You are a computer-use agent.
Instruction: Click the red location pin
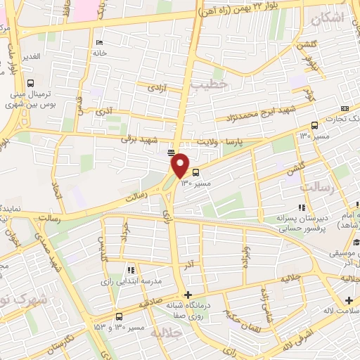[x=181, y=165]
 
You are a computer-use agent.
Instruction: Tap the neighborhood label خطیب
[x=210, y=84]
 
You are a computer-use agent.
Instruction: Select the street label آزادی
[x=155, y=88]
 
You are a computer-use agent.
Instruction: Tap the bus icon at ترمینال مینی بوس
[x=29, y=82]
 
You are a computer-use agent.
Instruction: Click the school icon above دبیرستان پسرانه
[x=302, y=207]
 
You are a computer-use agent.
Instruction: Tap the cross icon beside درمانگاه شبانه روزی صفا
[x=186, y=295]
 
